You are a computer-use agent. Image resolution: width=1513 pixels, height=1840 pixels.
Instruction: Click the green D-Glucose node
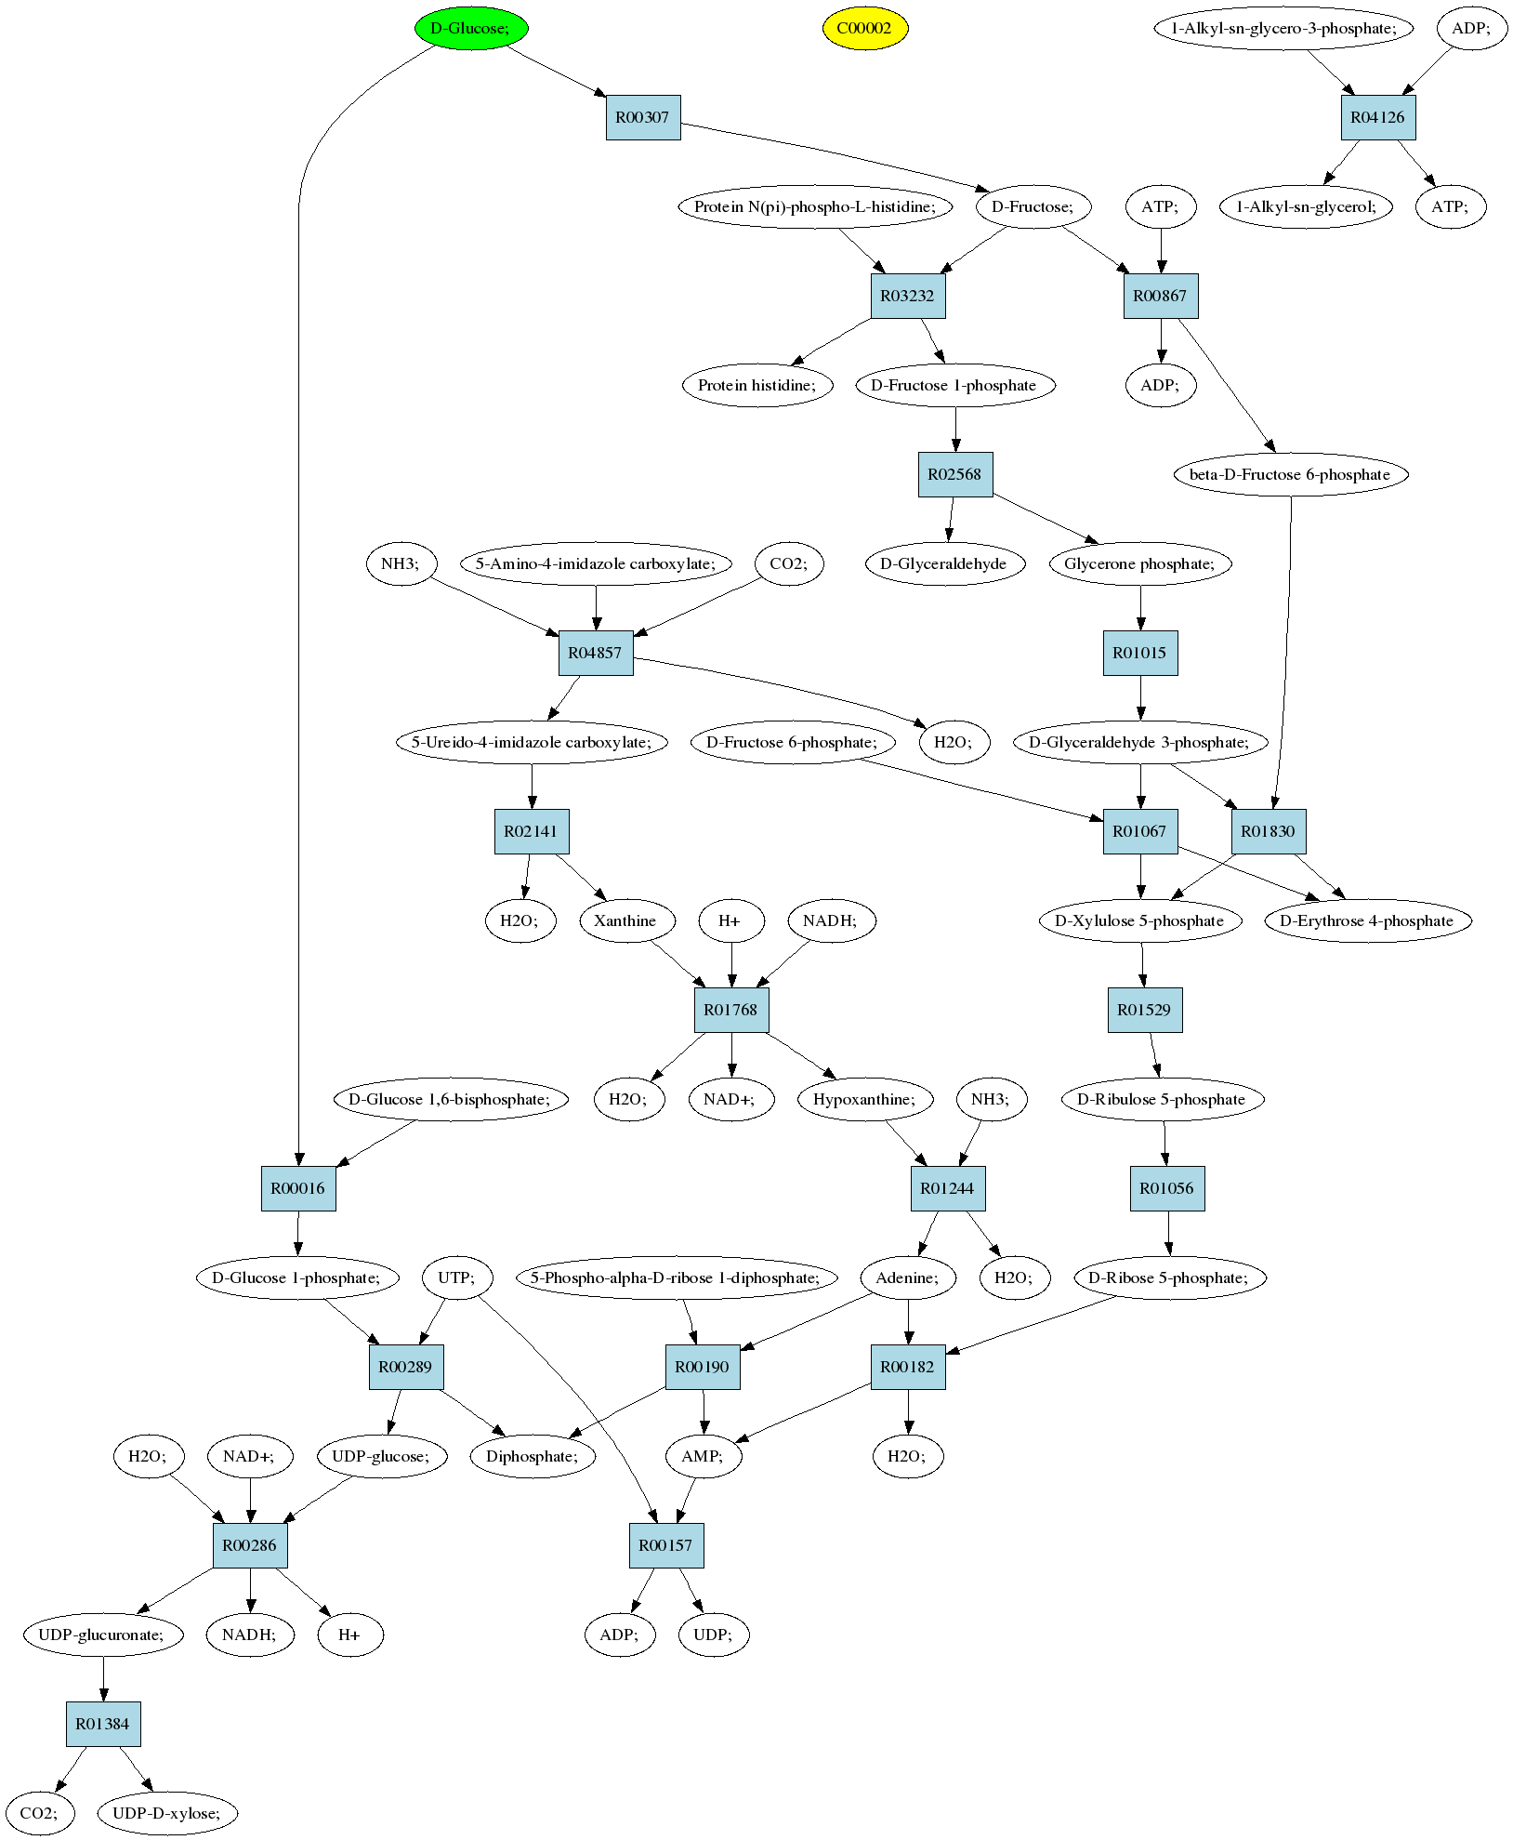point(471,28)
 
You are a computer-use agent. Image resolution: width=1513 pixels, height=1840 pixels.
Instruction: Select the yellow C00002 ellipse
point(864,28)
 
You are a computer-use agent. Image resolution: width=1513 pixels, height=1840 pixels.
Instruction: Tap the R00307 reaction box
point(643,117)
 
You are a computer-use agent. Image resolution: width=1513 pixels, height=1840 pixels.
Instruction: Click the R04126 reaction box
point(1378,117)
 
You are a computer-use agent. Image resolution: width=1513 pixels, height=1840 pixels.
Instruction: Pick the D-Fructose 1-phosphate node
point(955,385)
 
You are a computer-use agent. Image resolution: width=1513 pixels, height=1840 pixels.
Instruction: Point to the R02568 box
point(955,474)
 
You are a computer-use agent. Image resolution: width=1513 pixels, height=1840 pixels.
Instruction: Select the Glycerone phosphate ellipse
point(1140,563)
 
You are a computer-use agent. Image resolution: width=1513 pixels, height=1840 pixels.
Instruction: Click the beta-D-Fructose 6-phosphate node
point(1291,474)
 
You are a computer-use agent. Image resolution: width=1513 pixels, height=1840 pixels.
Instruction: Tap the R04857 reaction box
point(596,653)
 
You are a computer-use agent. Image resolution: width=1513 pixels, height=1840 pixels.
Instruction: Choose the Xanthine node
point(625,920)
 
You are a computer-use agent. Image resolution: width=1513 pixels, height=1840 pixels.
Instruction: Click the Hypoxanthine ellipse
point(864,1099)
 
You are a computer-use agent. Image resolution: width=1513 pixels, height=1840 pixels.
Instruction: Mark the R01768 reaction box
point(731,1010)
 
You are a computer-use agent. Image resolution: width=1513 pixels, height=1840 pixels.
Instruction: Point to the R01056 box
point(1167,1188)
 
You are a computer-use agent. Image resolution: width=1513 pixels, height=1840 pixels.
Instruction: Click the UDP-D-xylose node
point(167,1813)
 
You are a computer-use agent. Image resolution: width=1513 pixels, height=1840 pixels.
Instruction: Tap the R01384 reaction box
point(103,1724)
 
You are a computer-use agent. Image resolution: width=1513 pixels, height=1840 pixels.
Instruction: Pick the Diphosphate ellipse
point(533,1456)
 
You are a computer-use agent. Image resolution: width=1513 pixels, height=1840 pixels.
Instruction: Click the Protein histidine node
point(757,385)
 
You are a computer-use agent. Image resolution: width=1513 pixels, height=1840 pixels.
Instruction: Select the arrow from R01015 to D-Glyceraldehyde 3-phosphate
point(1141,697)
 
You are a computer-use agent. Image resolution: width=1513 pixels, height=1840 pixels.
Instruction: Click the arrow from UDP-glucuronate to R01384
point(103,1679)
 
